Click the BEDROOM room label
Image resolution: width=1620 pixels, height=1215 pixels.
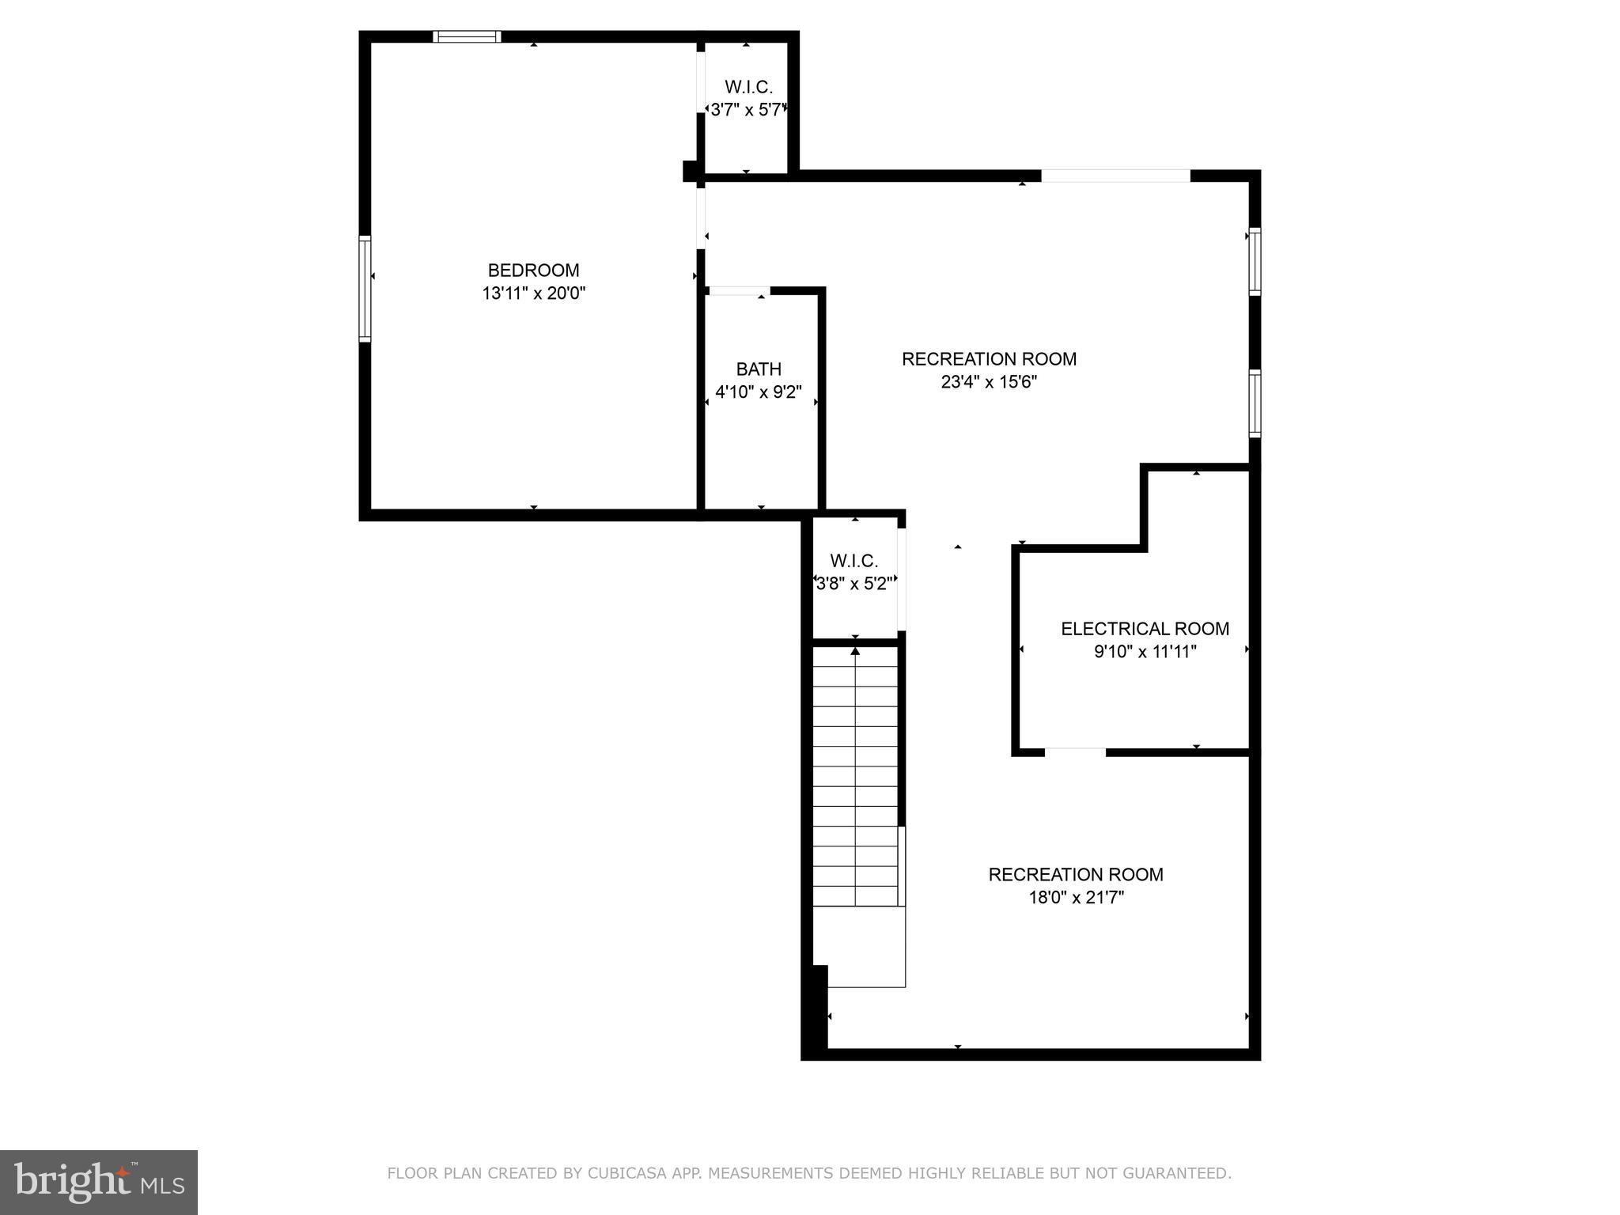pos(533,271)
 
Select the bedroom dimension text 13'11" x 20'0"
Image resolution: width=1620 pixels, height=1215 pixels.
pos(533,293)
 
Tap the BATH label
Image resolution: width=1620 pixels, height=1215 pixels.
pos(759,369)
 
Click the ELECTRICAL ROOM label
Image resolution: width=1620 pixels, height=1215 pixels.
pos(1145,629)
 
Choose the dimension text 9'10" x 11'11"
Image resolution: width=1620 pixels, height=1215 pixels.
pos(1145,652)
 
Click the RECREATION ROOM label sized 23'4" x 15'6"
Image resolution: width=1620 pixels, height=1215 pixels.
pos(989,359)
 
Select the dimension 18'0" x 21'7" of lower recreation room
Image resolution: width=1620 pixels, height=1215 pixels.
pos(1076,898)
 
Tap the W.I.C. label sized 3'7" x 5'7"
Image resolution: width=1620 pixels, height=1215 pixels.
pos(748,87)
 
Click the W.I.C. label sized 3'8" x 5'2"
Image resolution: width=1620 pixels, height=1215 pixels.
pos(854,561)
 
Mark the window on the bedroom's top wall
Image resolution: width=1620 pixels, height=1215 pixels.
pos(467,36)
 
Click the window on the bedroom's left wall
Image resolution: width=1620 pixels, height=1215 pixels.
pos(365,288)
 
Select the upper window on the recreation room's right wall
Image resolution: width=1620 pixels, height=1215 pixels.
pos(1255,261)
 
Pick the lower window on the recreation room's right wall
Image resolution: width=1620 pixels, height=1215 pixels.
pos(1255,403)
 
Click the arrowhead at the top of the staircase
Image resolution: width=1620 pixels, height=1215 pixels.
pos(855,651)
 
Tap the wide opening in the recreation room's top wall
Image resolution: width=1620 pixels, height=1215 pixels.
pos(1115,176)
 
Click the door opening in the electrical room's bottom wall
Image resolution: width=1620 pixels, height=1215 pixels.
pos(1075,752)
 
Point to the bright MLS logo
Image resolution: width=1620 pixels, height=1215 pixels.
pos(99,1182)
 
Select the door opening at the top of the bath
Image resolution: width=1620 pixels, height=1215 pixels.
pos(738,291)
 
